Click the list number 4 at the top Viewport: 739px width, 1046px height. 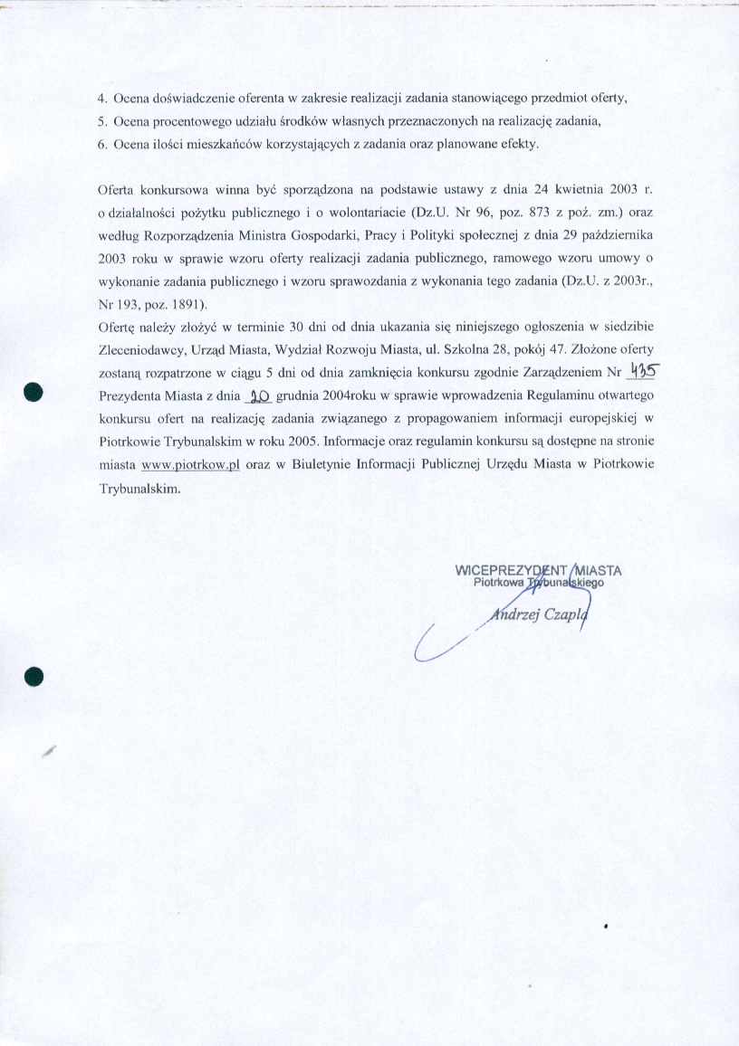click(101, 97)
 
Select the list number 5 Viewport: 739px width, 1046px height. click(101, 121)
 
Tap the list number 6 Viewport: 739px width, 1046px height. click(101, 145)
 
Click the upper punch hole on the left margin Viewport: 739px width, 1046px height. click(34, 391)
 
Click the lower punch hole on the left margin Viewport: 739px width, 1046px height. click(34, 675)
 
